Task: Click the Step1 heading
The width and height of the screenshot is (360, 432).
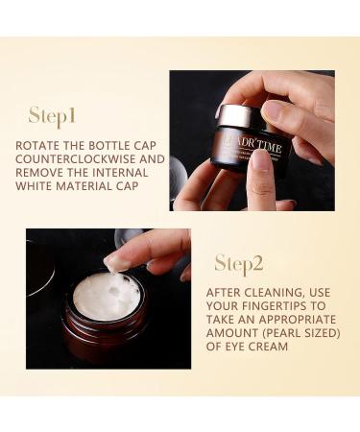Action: coord(52,116)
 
